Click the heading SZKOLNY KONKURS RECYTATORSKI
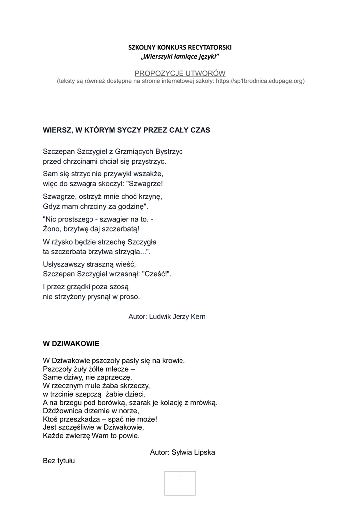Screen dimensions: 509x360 point(180,48)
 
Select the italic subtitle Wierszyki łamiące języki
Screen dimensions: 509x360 point(180,58)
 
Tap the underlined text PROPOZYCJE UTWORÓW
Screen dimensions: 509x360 point(180,73)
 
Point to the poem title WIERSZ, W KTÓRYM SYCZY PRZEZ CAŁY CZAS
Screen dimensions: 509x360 point(127,130)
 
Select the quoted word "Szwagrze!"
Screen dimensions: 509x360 point(148,184)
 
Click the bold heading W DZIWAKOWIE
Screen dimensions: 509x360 point(72,343)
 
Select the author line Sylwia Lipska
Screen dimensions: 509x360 point(182,452)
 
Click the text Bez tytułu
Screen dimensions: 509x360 point(59,461)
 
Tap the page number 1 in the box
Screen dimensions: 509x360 point(180,478)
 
